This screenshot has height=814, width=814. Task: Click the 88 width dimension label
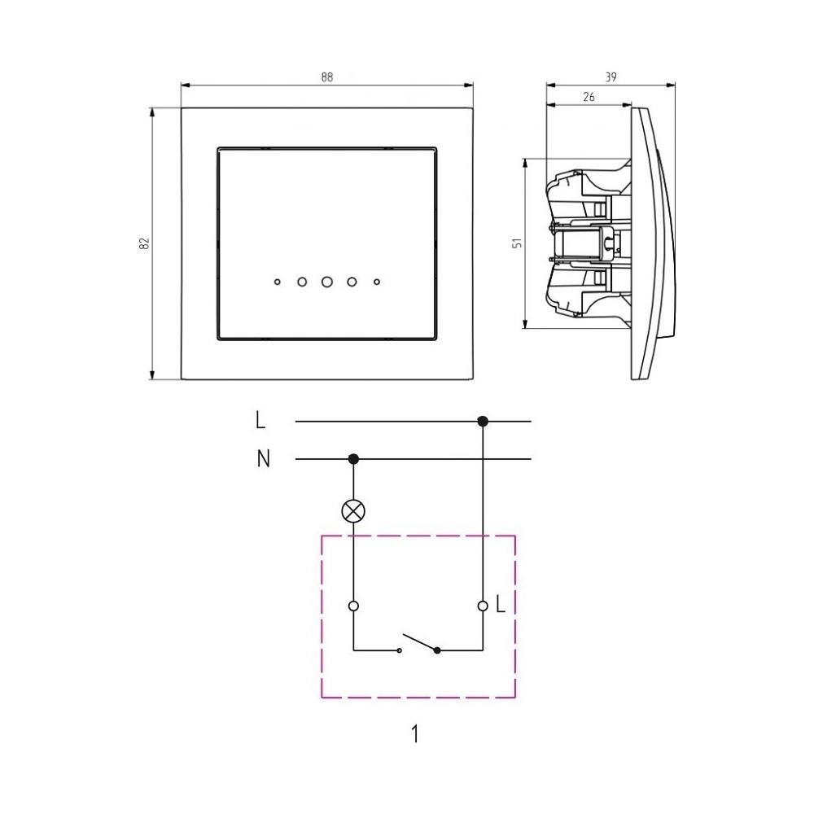(x=326, y=77)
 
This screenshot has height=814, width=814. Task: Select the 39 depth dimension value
(x=610, y=77)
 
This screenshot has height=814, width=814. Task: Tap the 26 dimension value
(x=589, y=97)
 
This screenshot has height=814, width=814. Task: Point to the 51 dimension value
(x=517, y=243)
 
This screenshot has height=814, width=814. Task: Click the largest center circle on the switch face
(x=327, y=282)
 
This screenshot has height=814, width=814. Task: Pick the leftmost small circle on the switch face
(x=278, y=282)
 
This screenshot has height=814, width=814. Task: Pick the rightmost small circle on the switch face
(x=377, y=282)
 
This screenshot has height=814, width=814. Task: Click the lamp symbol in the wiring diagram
(x=353, y=511)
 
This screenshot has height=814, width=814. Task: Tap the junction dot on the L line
(x=483, y=422)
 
